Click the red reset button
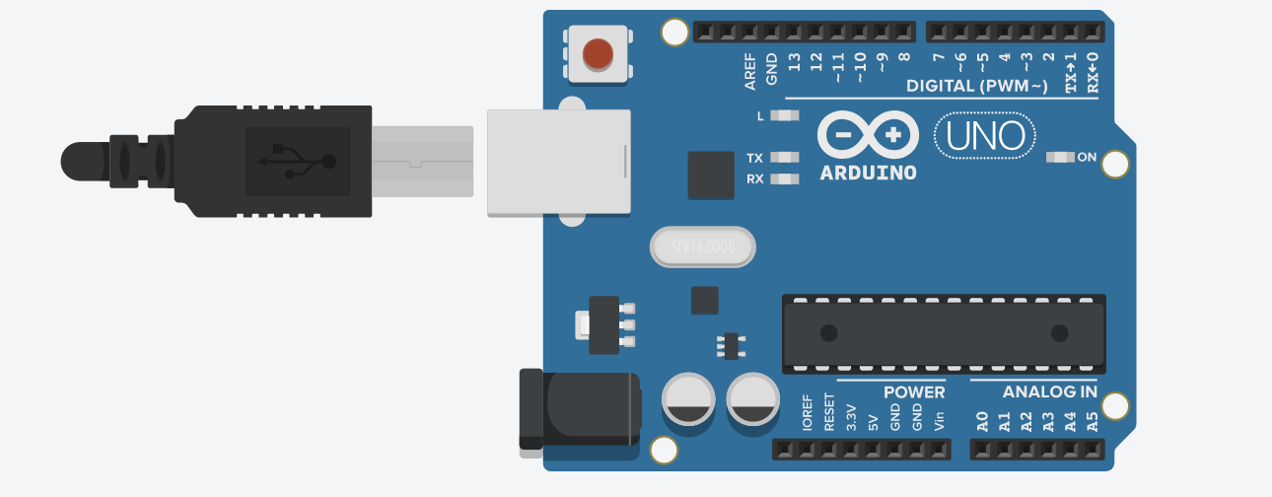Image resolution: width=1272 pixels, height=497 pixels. pyautogui.click(x=598, y=53)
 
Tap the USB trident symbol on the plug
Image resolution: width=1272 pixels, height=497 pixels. pyautogui.click(x=297, y=161)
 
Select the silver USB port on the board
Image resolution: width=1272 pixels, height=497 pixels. pyautogui.click(x=558, y=162)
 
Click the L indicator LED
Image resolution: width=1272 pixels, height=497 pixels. pyautogui.click(x=784, y=116)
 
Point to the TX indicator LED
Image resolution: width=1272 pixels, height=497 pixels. pyautogui.click(x=784, y=158)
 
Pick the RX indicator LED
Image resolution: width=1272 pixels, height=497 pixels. pyautogui.click(x=784, y=179)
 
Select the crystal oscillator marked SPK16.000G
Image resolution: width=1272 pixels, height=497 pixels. pyautogui.click(x=702, y=248)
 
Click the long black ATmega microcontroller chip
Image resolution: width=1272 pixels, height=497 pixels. pyautogui.click(x=944, y=333)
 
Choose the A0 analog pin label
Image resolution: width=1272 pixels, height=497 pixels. pyautogui.click(x=981, y=423)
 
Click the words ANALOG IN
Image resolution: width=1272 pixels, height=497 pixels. pyautogui.click(x=1049, y=392)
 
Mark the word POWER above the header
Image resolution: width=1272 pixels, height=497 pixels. pyautogui.click(x=914, y=392)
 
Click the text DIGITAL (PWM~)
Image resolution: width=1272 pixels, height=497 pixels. pyautogui.click(x=977, y=87)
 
